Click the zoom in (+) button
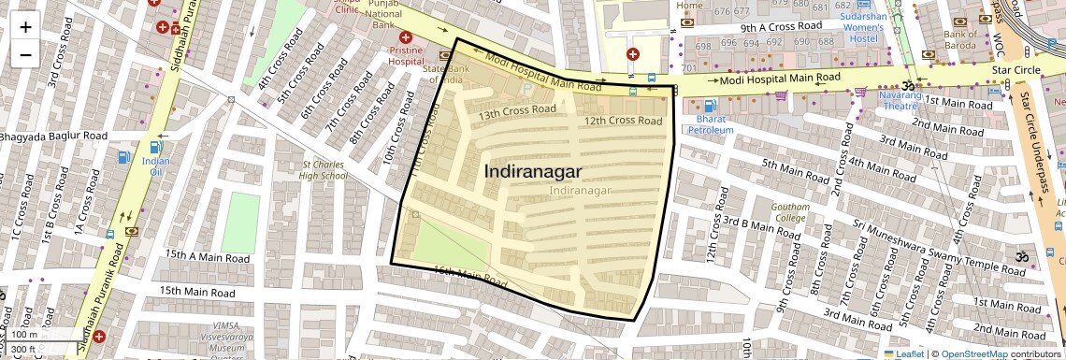coord(25,26)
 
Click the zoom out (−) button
coord(25,54)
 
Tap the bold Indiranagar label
coord(533,172)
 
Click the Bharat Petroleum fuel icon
coord(711,106)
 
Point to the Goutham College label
coord(789,211)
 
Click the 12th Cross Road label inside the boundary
coord(623,121)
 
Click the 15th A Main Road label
coord(207,257)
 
